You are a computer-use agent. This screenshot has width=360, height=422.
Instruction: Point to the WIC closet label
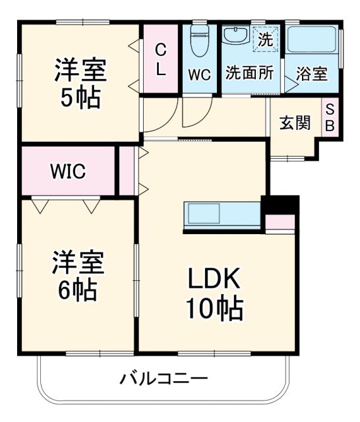point(68,171)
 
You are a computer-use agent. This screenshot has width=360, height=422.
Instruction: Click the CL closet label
point(161,59)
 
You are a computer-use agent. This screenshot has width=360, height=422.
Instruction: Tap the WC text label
point(199,74)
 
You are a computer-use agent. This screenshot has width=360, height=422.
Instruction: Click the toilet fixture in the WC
point(199,42)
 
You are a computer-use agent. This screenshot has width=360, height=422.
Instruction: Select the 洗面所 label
point(250,73)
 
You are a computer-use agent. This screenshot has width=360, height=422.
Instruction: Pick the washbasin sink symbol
point(234,36)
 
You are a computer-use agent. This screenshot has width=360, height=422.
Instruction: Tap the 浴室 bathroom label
point(311,74)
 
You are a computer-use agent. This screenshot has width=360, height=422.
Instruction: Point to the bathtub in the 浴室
point(313,42)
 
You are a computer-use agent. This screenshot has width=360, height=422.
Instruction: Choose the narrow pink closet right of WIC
point(125,171)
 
